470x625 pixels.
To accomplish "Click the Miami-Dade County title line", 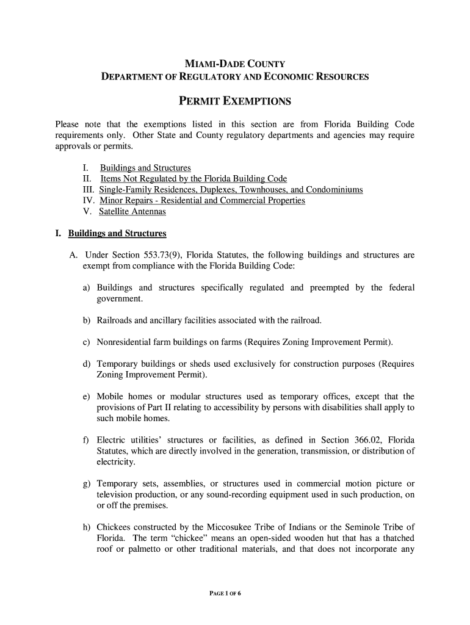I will pyautogui.click(x=235, y=64).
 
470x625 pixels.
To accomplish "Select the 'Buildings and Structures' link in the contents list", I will pyautogui.click(x=145, y=168).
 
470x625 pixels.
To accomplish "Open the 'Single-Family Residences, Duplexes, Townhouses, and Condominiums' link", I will pyautogui.click(x=231, y=190).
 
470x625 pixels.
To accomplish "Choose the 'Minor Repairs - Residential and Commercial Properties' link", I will pyautogui.click(x=202, y=201).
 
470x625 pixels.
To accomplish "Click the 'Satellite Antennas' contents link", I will pyautogui.click(x=132, y=212).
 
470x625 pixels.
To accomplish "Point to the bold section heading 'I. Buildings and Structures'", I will pyautogui.click(x=110, y=234).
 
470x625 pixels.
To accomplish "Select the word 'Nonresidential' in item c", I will pyautogui.click(x=125, y=342).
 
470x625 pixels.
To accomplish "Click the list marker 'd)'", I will pyautogui.click(x=87, y=364).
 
